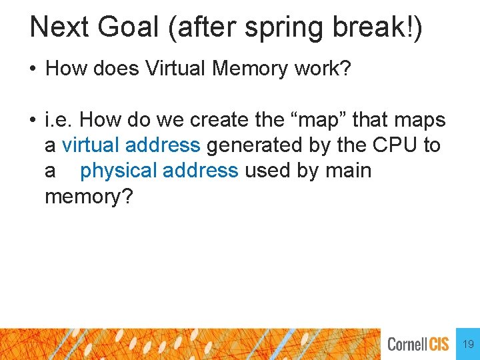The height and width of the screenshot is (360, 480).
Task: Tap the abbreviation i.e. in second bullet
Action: (x=59, y=121)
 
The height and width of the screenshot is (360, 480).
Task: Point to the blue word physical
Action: (x=119, y=171)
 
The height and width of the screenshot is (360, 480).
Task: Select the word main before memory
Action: (x=348, y=171)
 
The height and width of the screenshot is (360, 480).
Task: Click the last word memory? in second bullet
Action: (x=89, y=197)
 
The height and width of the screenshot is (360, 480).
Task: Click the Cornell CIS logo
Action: (x=418, y=344)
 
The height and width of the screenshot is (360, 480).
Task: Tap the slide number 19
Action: (x=468, y=344)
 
